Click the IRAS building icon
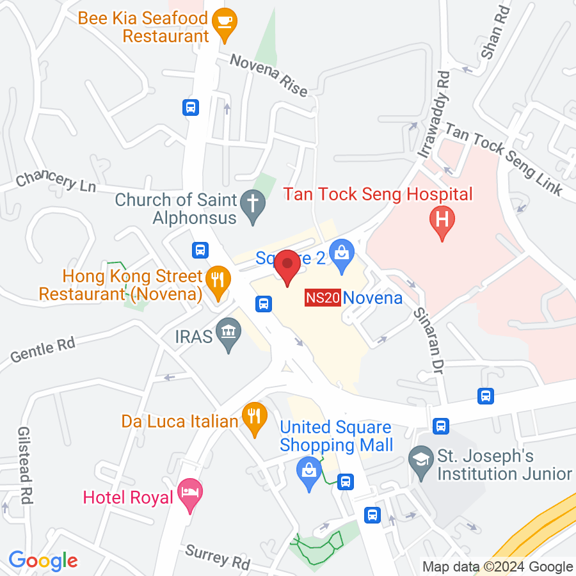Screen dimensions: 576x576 pos(228,333)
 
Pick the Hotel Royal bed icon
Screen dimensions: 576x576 pos(190,494)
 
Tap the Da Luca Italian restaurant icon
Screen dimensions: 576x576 pos(255,417)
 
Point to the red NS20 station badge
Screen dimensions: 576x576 pos(322,298)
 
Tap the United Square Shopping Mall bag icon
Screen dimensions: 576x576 pos(309,472)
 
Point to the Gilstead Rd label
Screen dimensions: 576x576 pos(25,465)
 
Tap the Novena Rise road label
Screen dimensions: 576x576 pos(268,74)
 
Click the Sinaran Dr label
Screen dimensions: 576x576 pos(429,337)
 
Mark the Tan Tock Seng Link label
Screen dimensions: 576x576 pos(503,160)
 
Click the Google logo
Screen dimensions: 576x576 pos(43,561)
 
